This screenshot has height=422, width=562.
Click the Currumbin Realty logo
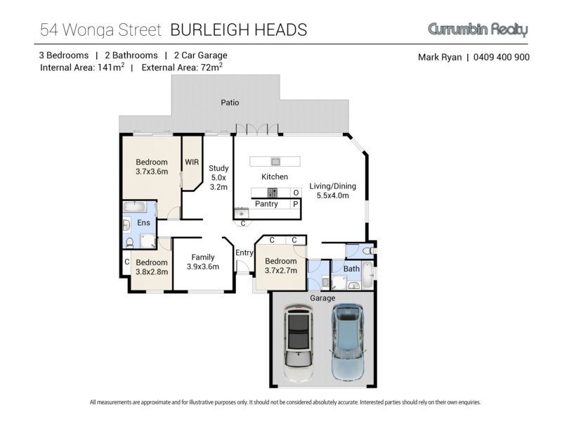click(x=478, y=30)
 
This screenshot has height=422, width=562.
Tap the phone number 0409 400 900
click(x=502, y=57)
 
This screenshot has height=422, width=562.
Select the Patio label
click(x=230, y=103)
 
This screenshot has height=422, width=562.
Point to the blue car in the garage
click(x=347, y=343)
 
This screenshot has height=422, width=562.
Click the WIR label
click(x=192, y=162)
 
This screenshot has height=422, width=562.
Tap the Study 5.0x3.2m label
click(x=218, y=178)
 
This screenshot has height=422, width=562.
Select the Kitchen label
click(x=275, y=177)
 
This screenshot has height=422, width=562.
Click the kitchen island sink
click(x=275, y=162)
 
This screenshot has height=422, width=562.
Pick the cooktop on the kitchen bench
click(x=273, y=193)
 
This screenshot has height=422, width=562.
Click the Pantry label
click(x=266, y=204)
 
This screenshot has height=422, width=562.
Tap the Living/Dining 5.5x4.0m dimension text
click(x=332, y=196)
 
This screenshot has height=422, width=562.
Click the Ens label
click(x=143, y=222)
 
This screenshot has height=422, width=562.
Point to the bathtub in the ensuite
click(x=135, y=207)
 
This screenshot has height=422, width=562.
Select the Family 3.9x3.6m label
click(x=203, y=262)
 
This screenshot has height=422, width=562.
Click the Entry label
click(x=244, y=253)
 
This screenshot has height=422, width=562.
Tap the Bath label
click(x=351, y=269)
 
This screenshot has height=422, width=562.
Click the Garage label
click(x=322, y=298)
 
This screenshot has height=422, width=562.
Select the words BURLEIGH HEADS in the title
click(x=239, y=30)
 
